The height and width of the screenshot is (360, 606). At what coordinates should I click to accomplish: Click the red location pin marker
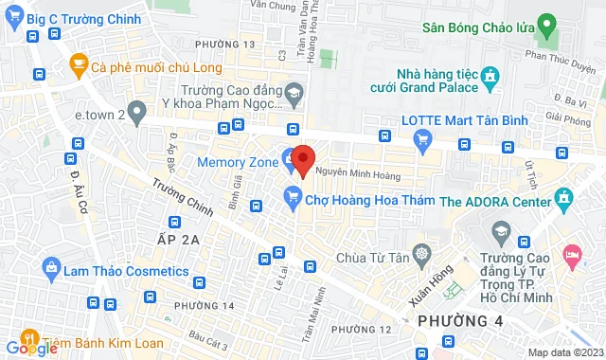tap(302, 161)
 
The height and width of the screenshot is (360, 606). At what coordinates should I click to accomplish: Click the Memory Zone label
tap(237, 162)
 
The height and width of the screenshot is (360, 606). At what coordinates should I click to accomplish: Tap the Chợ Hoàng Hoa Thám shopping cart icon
tap(293, 198)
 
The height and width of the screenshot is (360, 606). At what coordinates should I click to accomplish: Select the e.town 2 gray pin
tap(138, 114)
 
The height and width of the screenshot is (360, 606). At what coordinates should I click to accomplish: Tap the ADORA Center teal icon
tap(565, 200)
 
